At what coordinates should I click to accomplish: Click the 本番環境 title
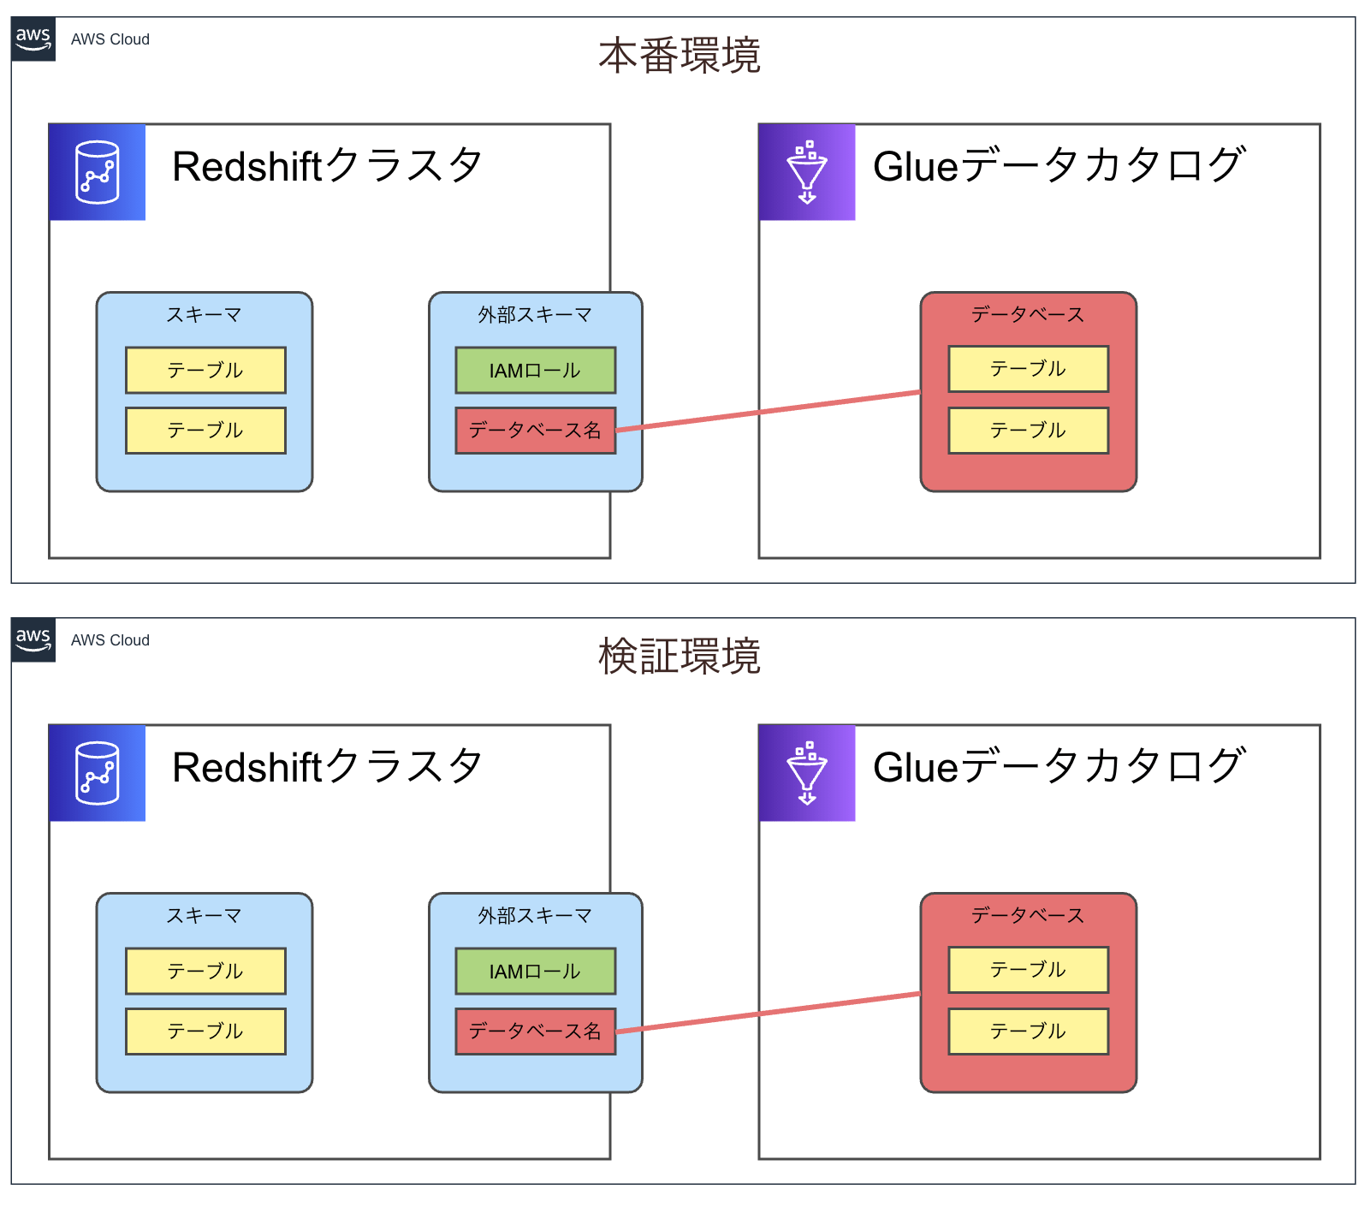click(x=680, y=56)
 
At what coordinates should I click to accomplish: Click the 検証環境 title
click(x=680, y=657)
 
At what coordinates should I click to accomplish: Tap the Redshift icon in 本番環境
click(x=98, y=173)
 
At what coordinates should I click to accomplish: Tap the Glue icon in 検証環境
click(x=807, y=774)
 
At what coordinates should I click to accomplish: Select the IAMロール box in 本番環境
click(x=535, y=371)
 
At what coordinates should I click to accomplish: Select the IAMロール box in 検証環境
click(x=535, y=972)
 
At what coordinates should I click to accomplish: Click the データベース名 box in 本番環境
click(x=535, y=431)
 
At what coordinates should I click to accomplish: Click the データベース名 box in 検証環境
click(x=535, y=1032)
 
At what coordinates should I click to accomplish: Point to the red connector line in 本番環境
click(x=770, y=411)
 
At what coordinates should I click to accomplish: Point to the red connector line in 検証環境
click(x=770, y=1012)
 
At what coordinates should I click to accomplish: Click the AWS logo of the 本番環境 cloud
click(x=33, y=39)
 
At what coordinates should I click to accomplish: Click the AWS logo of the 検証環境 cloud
click(x=33, y=640)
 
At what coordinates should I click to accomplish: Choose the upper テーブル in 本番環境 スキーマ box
click(x=205, y=371)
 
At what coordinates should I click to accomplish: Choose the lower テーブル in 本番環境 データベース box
click(x=1028, y=431)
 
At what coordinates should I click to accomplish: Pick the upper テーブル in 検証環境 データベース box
click(x=1028, y=970)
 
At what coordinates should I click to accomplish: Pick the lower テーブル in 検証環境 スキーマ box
click(x=205, y=1032)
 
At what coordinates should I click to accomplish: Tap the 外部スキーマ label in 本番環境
click(x=535, y=315)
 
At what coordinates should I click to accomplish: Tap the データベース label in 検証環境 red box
click(x=1028, y=916)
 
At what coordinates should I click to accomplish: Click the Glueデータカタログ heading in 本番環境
click(x=1058, y=166)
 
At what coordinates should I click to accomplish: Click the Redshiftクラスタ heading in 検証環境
click(x=327, y=767)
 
